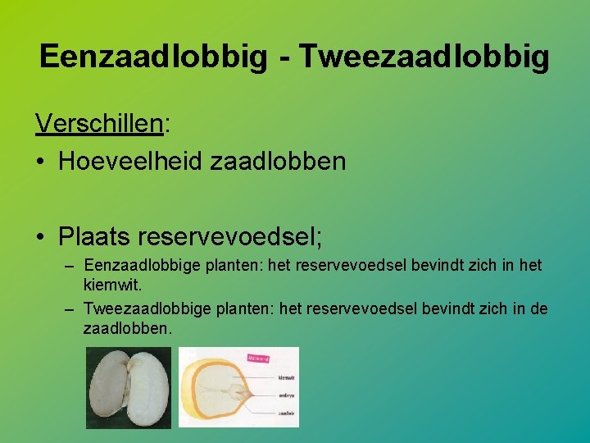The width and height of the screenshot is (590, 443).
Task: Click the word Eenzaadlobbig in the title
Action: click(152, 57)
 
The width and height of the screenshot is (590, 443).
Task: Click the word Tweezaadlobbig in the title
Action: click(424, 57)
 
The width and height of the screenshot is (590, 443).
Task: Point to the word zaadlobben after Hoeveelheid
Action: click(279, 161)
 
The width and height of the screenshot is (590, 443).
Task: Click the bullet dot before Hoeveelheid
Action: click(40, 162)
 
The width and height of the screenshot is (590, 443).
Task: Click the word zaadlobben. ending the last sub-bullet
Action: click(128, 328)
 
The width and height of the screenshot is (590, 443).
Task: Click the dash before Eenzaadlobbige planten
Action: click(68, 267)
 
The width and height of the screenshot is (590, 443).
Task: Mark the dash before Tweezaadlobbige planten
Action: click(68, 309)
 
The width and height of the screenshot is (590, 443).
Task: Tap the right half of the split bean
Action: click(147, 386)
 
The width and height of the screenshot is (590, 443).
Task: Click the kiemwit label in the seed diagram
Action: click(286, 378)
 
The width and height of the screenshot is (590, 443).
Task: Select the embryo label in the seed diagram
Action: click(286, 395)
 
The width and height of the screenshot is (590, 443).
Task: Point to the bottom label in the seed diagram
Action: click(286, 413)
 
